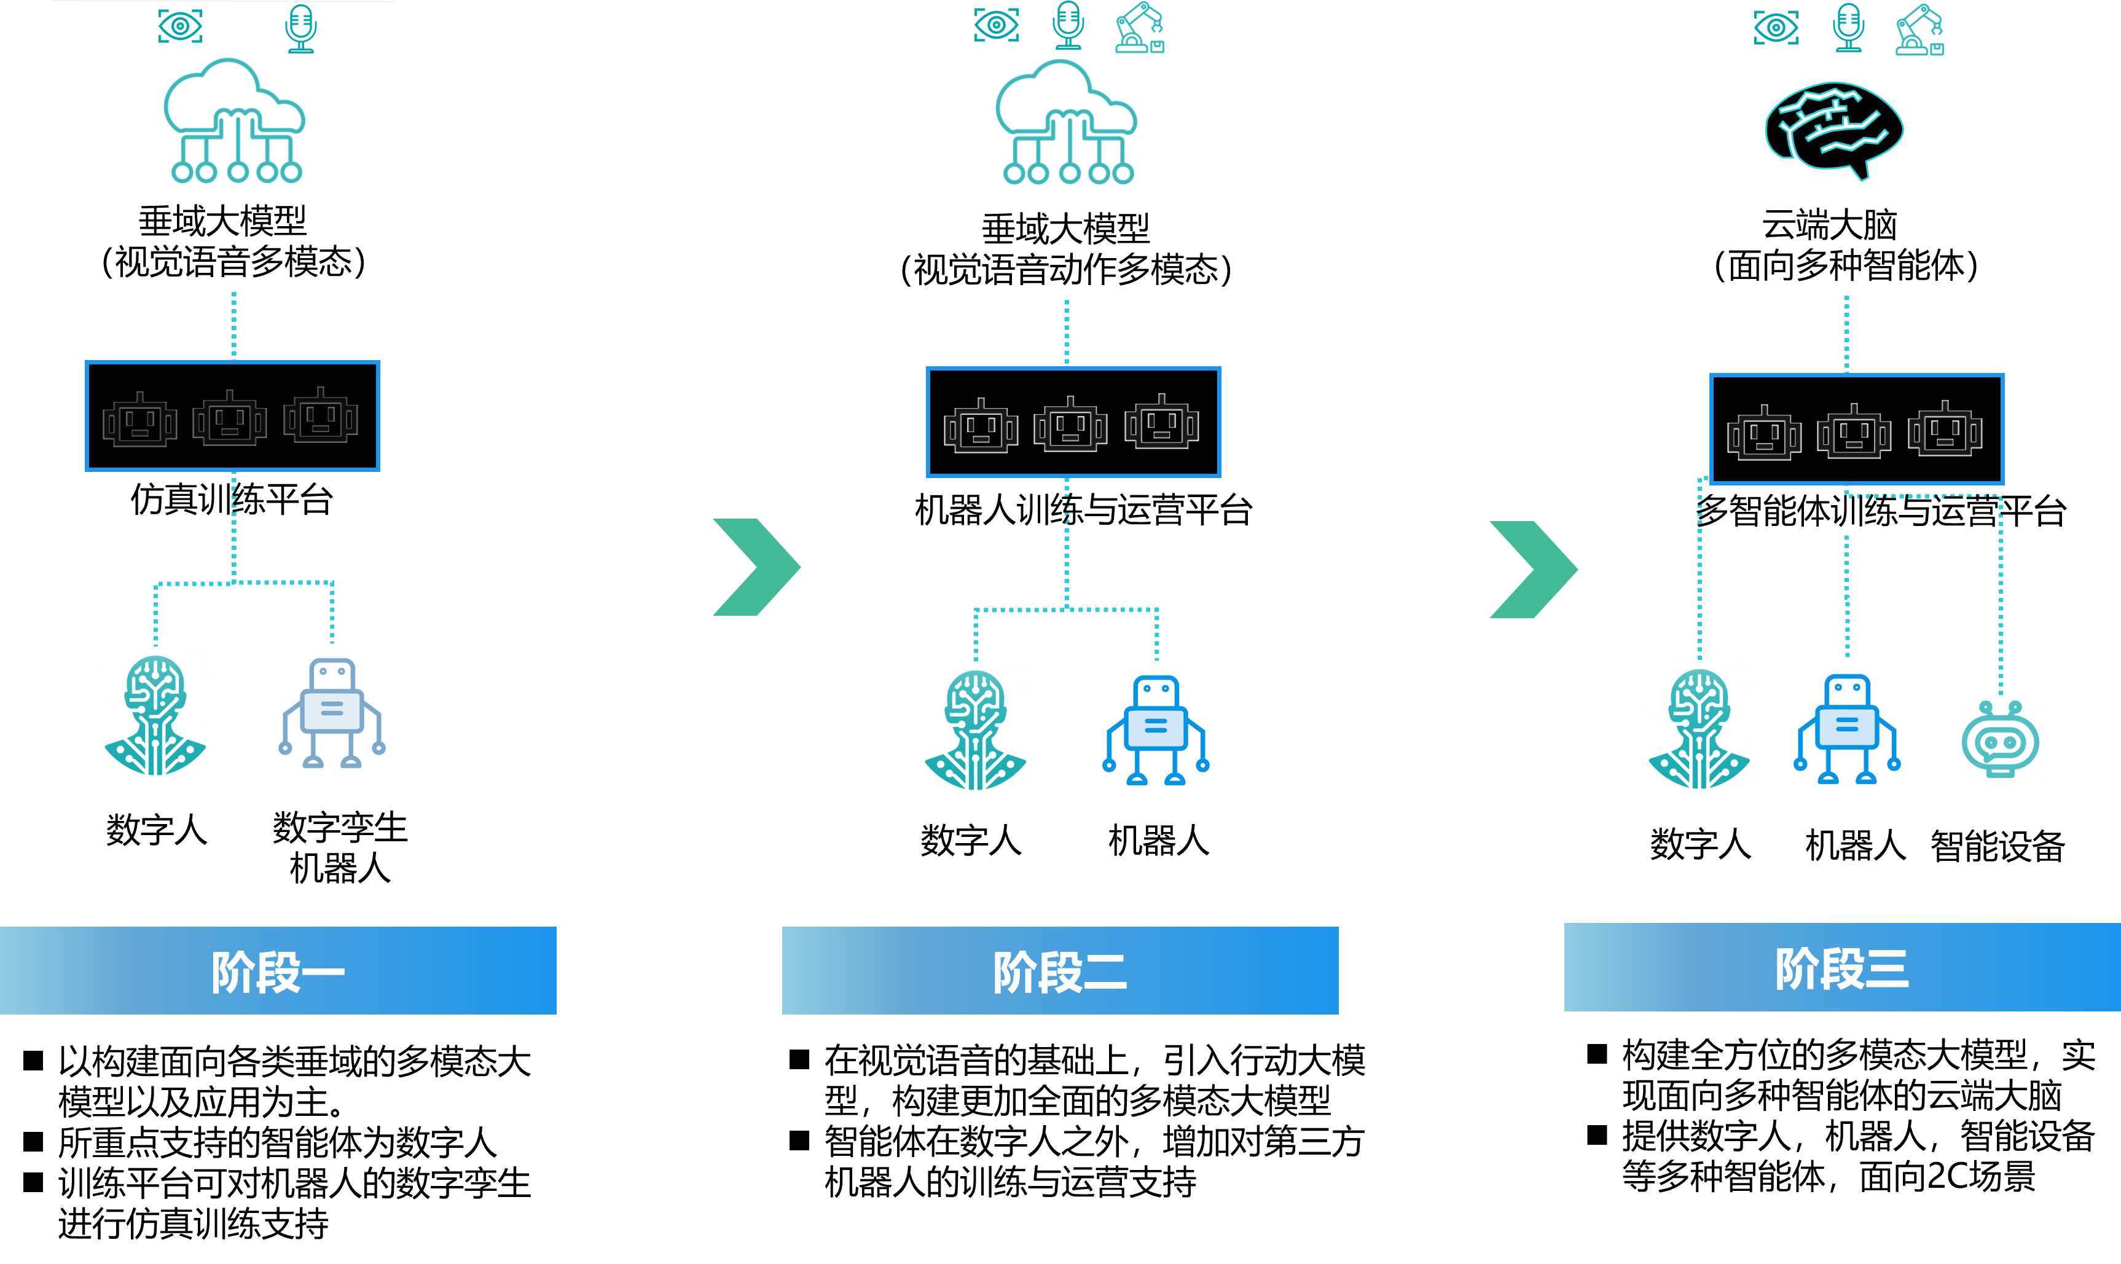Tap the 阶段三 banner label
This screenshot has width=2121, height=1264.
pyautogui.click(x=1841, y=968)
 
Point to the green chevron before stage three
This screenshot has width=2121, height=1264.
pyautogui.click(x=1532, y=570)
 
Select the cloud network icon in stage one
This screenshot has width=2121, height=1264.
pyautogui.click(x=234, y=124)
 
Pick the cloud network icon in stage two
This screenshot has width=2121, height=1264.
pyautogui.click(x=1066, y=125)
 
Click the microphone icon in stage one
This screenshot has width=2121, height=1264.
pyautogui.click(x=300, y=27)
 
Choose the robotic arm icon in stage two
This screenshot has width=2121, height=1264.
pyautogui.click(x=1139, y=27)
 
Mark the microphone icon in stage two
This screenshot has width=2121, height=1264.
pyautogui.click(x=1068, y=26)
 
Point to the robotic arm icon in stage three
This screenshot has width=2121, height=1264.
pyautogui.click(x=1919, y=30)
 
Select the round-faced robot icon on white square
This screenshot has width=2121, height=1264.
pyautogui.click(x=2000, y=739)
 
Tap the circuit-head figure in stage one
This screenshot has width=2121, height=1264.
pyautogui.click(x=155, y=714)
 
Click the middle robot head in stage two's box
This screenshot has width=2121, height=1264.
pyautogui.click(x=1070, y=424)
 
